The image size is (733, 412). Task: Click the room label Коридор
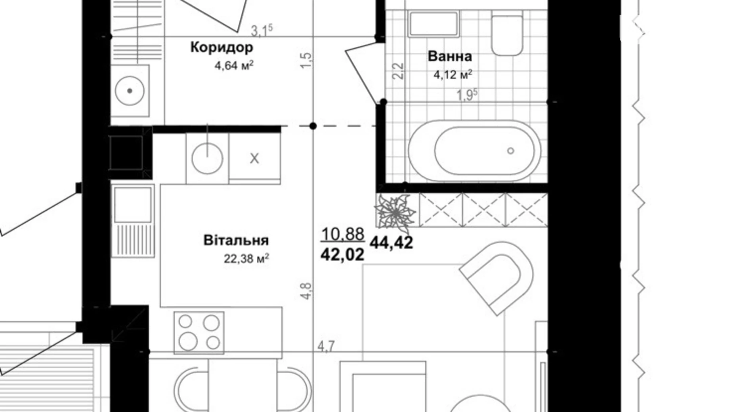(221, 47)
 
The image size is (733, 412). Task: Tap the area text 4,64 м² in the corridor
(234, 65)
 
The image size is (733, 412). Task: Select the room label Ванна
(450, 56)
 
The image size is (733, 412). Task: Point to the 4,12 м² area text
(452, 74)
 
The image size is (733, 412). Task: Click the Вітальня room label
(236, 240)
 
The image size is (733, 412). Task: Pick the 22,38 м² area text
(246, 259)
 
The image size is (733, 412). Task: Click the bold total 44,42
(391, 242)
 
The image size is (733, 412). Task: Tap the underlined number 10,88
(342, 234)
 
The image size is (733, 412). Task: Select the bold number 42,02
(342, 254)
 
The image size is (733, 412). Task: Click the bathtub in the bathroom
(474, 151)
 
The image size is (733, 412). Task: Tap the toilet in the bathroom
(507, 33)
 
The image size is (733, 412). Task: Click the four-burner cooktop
(199, 332)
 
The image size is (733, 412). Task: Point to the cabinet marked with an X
(254, 158)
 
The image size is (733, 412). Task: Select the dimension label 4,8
(306, 291)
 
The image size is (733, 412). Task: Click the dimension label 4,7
(326, 346)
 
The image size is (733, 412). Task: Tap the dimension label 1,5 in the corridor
(306, 61)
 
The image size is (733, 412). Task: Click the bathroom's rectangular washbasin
(433, 24)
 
